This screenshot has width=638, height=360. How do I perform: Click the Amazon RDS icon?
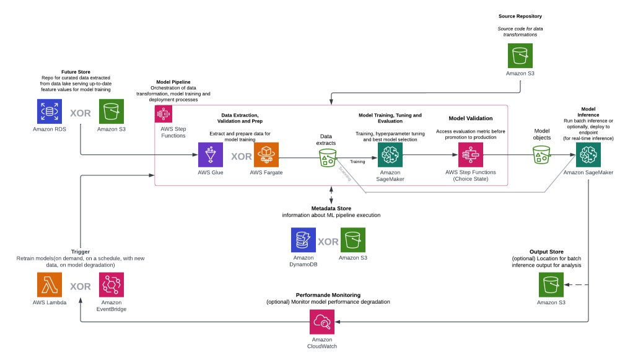[49, 112]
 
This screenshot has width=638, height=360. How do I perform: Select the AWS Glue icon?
[211, 155]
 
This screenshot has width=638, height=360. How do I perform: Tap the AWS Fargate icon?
[266, 155]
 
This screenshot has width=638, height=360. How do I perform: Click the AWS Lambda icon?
[49, 285]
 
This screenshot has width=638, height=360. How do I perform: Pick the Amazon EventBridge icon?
[111, 285]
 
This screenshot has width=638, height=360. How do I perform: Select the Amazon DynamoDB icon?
[304, 240]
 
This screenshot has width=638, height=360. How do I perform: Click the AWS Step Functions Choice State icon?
[471, 155]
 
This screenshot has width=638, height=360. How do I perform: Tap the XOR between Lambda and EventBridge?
[80, 286]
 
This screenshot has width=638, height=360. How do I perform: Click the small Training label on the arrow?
[357, 162]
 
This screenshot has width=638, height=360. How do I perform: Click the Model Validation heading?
[471, 118]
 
